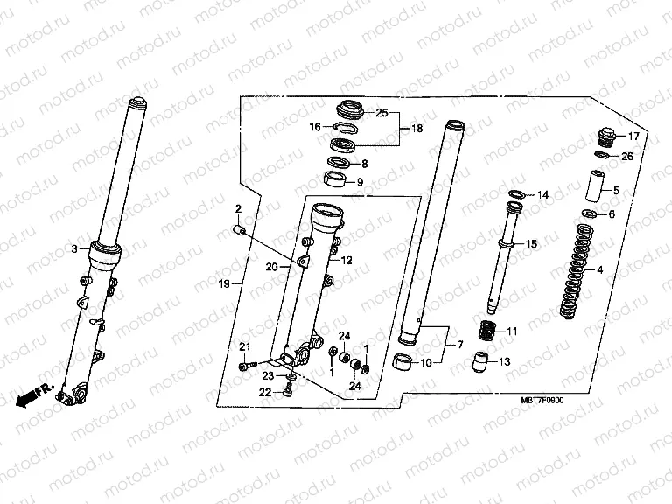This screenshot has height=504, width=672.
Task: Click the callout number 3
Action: coord(75,248)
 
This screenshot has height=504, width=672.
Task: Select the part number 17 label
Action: coord(633,136)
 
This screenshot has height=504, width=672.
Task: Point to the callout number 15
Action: coord(530,246)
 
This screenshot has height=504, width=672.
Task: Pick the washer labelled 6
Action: coord(589,214)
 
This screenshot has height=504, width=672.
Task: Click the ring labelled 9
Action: coord(332,181)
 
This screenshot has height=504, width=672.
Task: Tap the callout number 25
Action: coord(381,112)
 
